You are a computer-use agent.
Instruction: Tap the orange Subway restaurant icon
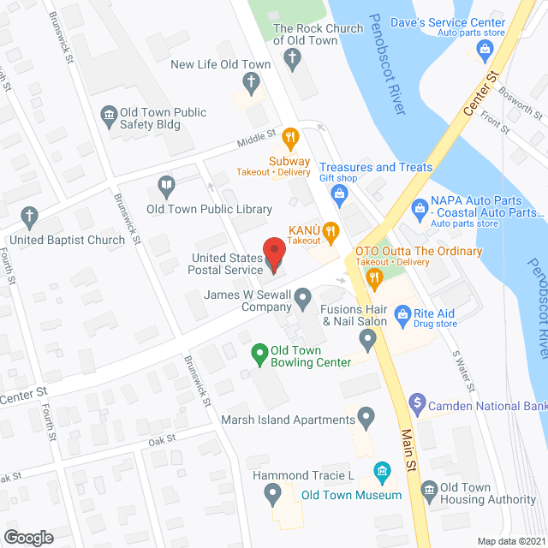[289, 136]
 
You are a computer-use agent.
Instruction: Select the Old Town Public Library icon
[166, 184]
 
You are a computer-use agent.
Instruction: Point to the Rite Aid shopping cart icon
[402, 316]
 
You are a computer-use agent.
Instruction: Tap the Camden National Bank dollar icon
[417, 401]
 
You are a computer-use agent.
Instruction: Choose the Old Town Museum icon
[382, 471]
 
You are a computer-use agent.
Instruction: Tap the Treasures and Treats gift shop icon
[338, 195]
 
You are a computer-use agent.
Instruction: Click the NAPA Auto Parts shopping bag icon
[420, 206]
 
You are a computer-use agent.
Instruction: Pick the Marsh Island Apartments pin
[366, 420]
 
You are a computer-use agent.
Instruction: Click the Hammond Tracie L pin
[273, 492]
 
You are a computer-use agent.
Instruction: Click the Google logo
[27, 537]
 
